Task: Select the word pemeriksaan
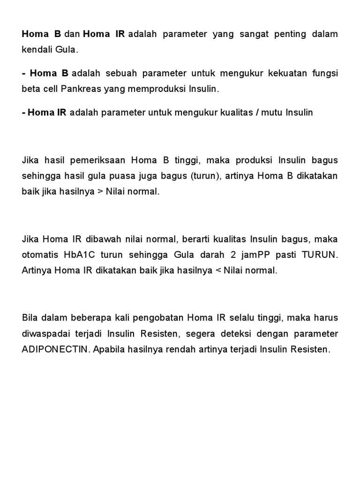[96, 161]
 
